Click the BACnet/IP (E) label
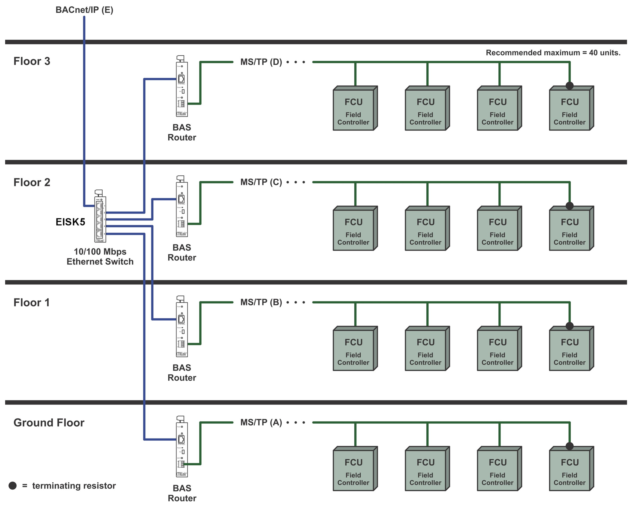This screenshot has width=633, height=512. click(84, 10)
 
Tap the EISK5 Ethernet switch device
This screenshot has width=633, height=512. click(100, 217)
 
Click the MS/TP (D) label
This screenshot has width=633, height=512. click(261, 62)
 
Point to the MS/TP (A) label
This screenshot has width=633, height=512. click(261, 422)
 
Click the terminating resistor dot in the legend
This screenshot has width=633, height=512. click(13, 486)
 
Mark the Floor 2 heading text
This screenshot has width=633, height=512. click(32, 182)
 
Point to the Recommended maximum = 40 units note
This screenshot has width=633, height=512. click(553, 53)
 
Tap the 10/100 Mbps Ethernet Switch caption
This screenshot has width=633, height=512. click(100, 257)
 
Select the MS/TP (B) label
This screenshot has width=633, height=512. click(261, 302)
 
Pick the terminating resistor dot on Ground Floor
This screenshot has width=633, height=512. click(570, 446)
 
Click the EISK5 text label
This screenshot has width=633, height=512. click(70, 222)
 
